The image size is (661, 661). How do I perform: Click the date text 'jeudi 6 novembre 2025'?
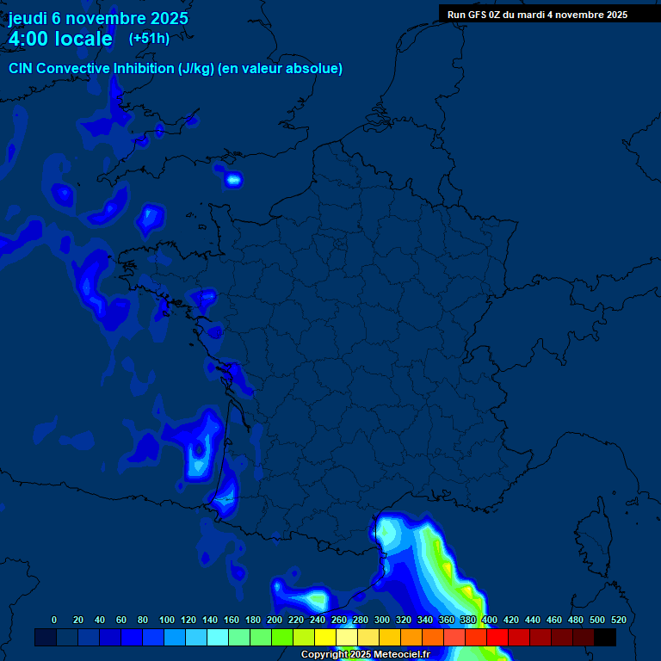click(98, 18)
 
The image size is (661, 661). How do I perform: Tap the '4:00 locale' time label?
click(60, 39)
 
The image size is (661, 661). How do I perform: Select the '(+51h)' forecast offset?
click(149, 38)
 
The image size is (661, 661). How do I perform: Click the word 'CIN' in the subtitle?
click(22, 68)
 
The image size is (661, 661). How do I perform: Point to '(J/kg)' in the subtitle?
click(199, 68)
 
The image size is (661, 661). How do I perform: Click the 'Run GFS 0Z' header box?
click(537, 15)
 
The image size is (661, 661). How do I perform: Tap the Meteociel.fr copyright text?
click(365, 654)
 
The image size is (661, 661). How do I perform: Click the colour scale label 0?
click(54, 620)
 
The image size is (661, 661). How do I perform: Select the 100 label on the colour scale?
click(167, 620)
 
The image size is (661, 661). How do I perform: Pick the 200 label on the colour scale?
click(275, 620)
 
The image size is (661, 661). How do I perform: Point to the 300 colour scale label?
click(382, 620)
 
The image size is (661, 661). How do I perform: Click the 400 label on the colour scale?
click(490, 620)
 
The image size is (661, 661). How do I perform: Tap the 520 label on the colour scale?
click(619, 620)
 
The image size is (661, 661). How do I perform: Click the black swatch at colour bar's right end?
click(605, 637)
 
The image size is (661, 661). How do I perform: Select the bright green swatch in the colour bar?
click(282, 637)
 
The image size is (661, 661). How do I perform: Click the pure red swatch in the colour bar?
click(497, 637)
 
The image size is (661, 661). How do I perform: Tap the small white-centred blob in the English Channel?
click(233, 180)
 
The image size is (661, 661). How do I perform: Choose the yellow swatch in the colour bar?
click(325, 637)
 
